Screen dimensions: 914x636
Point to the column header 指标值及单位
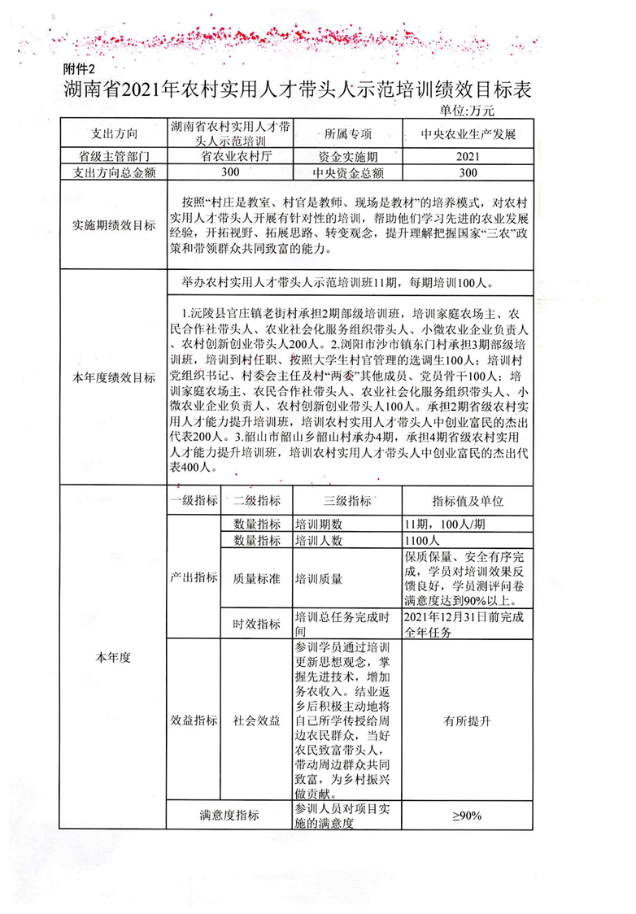point(468,501)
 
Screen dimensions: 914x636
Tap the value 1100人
point(422,540)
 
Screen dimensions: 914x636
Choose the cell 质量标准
point(256,579)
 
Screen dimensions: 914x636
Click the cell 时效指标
point(256,624)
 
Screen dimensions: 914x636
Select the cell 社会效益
point(256,720)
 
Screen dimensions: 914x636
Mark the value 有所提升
point(468,720)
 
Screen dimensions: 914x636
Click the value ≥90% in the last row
point(468,816)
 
